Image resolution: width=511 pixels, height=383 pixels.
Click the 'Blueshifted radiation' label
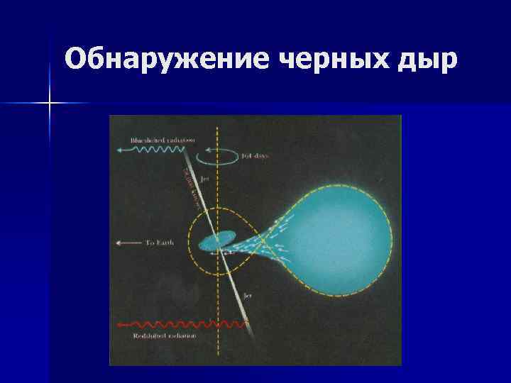pos(163,139)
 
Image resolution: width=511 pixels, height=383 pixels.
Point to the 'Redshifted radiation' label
pos(160,335)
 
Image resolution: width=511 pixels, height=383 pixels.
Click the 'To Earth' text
pos(160,243)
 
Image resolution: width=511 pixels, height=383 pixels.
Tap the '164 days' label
pos(254,155)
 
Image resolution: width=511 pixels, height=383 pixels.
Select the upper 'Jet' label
pos(206,180)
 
